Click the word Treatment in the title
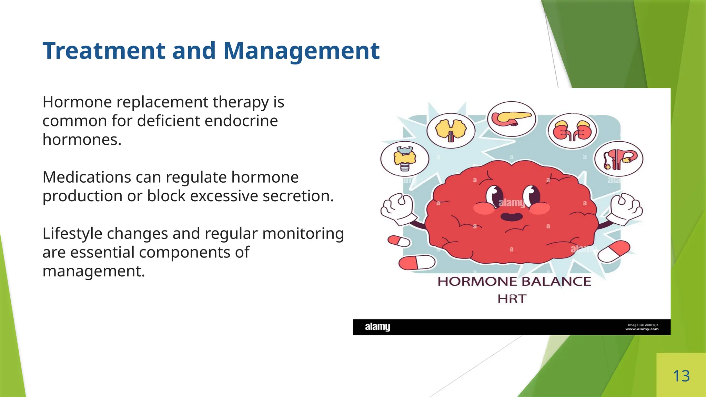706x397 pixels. pyautogui.click(x=104, y=51)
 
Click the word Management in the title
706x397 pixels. pyautogui.click(x=301, y=51)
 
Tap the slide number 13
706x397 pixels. pyautogui.click(x=681, y=376)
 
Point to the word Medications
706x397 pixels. pyautogui.click(x=86, y=177)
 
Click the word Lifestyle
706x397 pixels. pyautogui.click(x=72, y=234)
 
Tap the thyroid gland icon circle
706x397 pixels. pyautogui.click(x=405, y=159)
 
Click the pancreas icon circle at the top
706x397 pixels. pyautogui.click(x=512, y=119)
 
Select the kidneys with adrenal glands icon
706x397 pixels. pyautogui.click(x=572, y=131)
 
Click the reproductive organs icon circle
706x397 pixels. pyautogui.click(x=618, y=159)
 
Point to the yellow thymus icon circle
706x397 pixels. pyautogui.click(x=451, y=131)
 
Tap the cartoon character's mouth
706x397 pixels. pyautogui.click(x=511, y=217)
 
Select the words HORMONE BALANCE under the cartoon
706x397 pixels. pyautogui.click(x=514, y=282)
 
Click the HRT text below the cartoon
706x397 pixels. pyautogui.click(x=512, y=299)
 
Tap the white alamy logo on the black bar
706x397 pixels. pyautogui.click(x=377, y=327)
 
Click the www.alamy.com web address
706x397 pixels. pyautogui.click(x=642, y=329)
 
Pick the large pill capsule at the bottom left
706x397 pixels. pyautogui.click(x=417, y=263)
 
